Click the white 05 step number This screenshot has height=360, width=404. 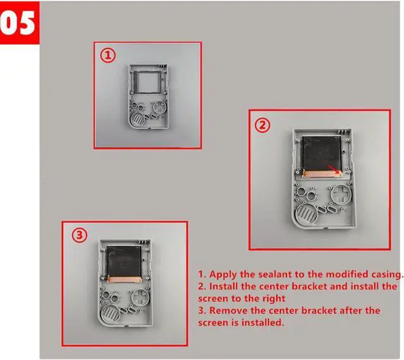coord(18,23)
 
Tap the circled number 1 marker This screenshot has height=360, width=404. coord(108,56)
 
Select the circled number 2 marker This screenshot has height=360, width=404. coord(263,126)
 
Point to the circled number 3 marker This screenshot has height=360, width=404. coord(80,236)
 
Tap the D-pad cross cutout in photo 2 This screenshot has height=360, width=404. coord(342,194)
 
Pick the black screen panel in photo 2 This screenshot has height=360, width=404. coord(321,153)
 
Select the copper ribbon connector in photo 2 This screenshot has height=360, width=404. coord(323,174)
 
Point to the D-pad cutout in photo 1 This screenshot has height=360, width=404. coord(160,107)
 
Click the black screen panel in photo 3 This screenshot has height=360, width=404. coord(124,260)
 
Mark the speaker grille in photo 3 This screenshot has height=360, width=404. coord(111,314)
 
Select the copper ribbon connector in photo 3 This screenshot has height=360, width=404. coord(124,279)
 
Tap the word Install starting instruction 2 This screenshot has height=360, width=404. coord(223,287)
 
